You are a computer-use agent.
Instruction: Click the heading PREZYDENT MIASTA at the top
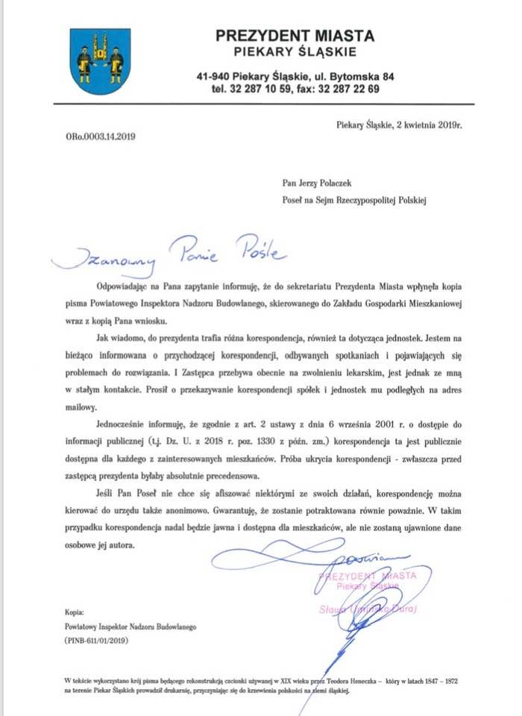click(x=295, y=35)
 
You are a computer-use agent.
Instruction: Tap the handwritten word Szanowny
click(x=109, y=259)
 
